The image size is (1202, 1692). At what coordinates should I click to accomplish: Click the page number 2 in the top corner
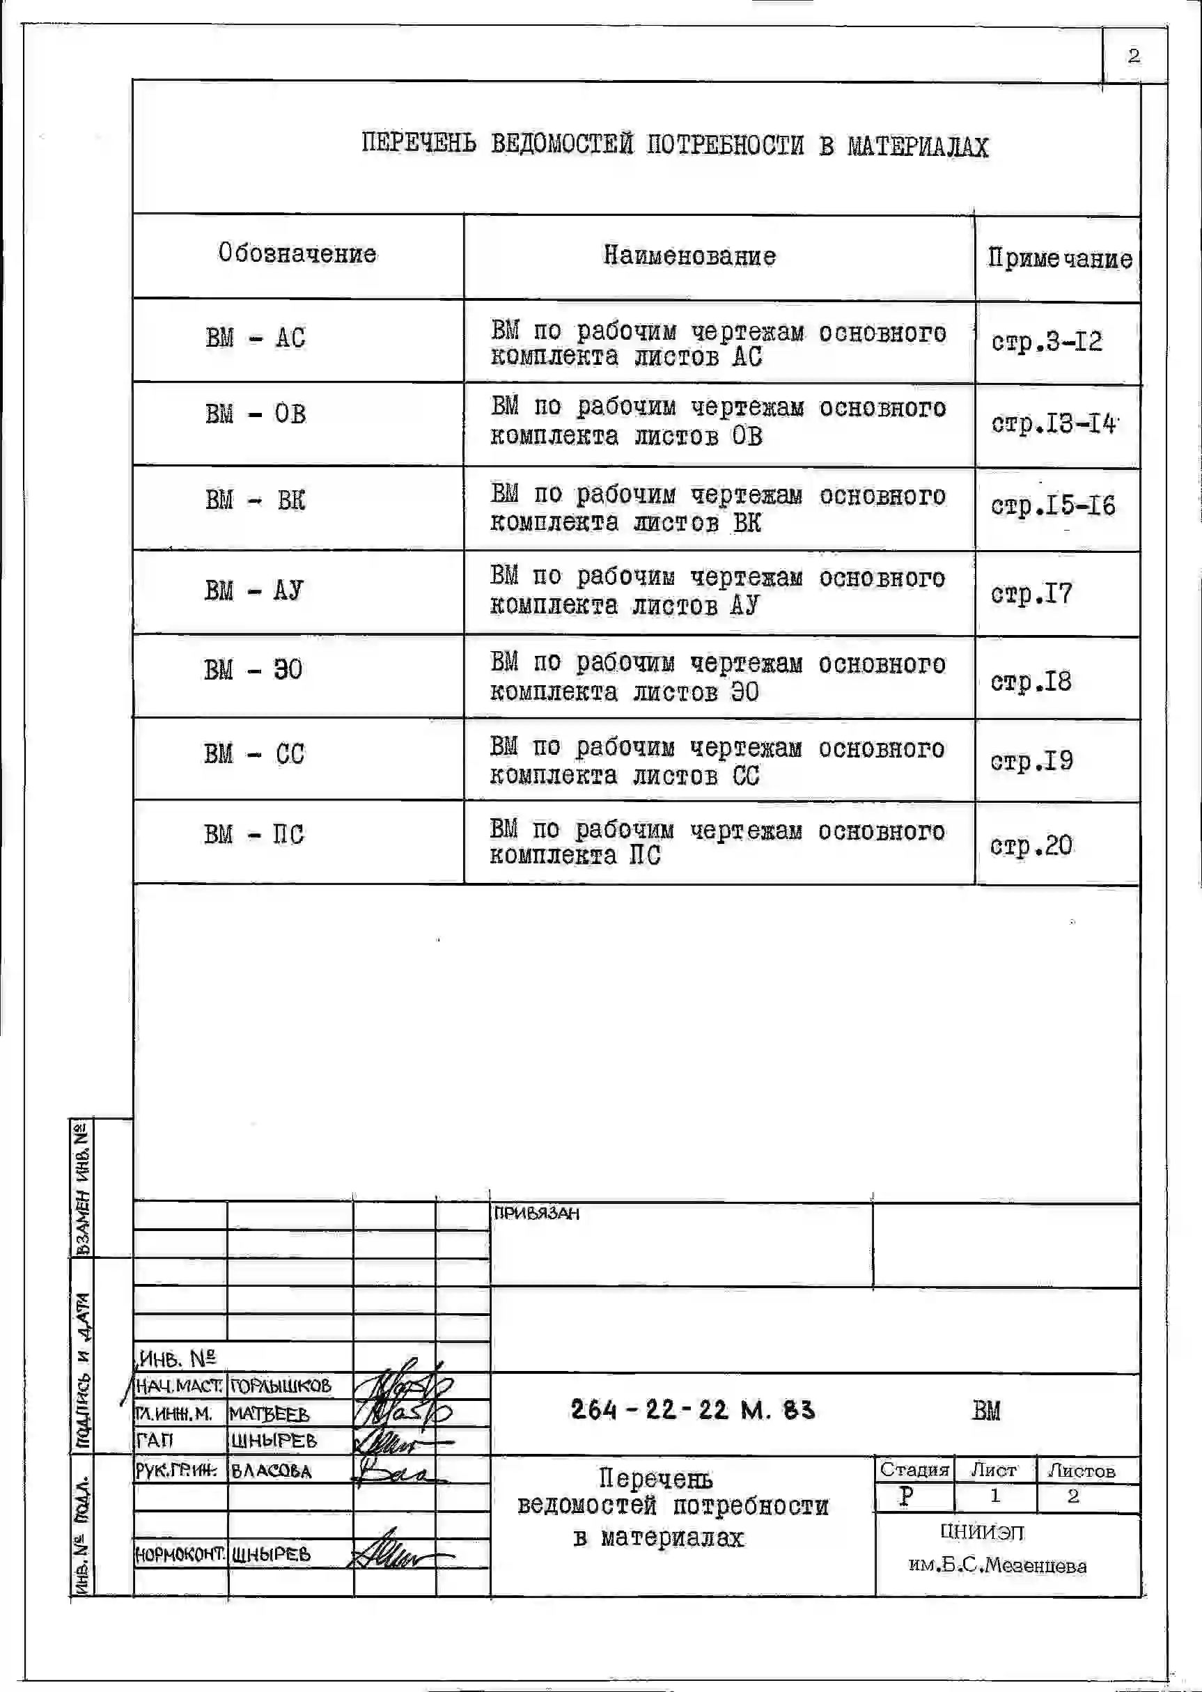(x=1133, y=56)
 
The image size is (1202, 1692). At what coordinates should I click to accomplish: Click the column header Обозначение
(x=297, y=253)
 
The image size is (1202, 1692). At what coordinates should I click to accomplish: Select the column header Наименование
(x=689, y=256)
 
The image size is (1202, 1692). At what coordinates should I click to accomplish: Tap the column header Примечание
(x=1060, y=258)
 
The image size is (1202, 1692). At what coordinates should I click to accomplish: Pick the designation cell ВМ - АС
(x=256, y=338)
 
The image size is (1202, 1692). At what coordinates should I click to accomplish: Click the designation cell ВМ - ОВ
(x=256, y=414)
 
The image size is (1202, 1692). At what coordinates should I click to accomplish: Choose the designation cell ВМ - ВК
(x=256, y=501)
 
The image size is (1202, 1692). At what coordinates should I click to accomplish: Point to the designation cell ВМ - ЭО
(x=253, y=671)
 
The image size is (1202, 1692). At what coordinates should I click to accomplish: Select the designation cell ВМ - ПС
(x=254, y=835)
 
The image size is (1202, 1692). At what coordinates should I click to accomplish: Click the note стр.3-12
(x=1047, y=342)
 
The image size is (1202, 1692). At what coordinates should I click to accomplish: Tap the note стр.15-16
(x=1052, y=506)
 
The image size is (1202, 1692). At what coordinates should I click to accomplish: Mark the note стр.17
(x=1031, y=594)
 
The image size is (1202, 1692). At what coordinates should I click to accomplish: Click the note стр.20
(x=1031, y=845)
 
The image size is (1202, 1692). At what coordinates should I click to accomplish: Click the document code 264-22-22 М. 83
(x=693, y=1409)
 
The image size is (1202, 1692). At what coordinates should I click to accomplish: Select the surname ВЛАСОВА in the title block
(x=272, y=1471)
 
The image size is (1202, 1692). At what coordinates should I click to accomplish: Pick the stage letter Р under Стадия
(x=906, y=1496)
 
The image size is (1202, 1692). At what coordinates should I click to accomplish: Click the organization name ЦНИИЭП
(x=982, y=1531)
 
